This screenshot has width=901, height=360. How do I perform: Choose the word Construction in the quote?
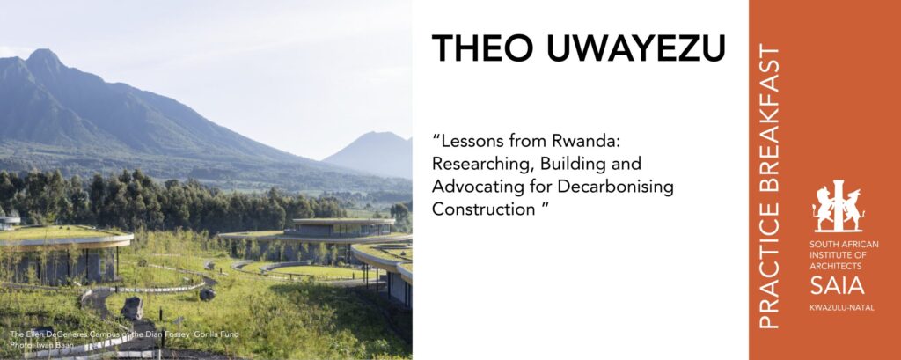click(x=484, y=209)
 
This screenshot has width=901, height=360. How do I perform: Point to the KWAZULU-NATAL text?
click(x=842, y=308)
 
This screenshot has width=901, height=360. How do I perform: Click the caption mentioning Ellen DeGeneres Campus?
click(x=123, y=334)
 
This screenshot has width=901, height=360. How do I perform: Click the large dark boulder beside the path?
click(x=132, y=309)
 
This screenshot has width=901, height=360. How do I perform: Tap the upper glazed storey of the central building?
click(x=340, y=230)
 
